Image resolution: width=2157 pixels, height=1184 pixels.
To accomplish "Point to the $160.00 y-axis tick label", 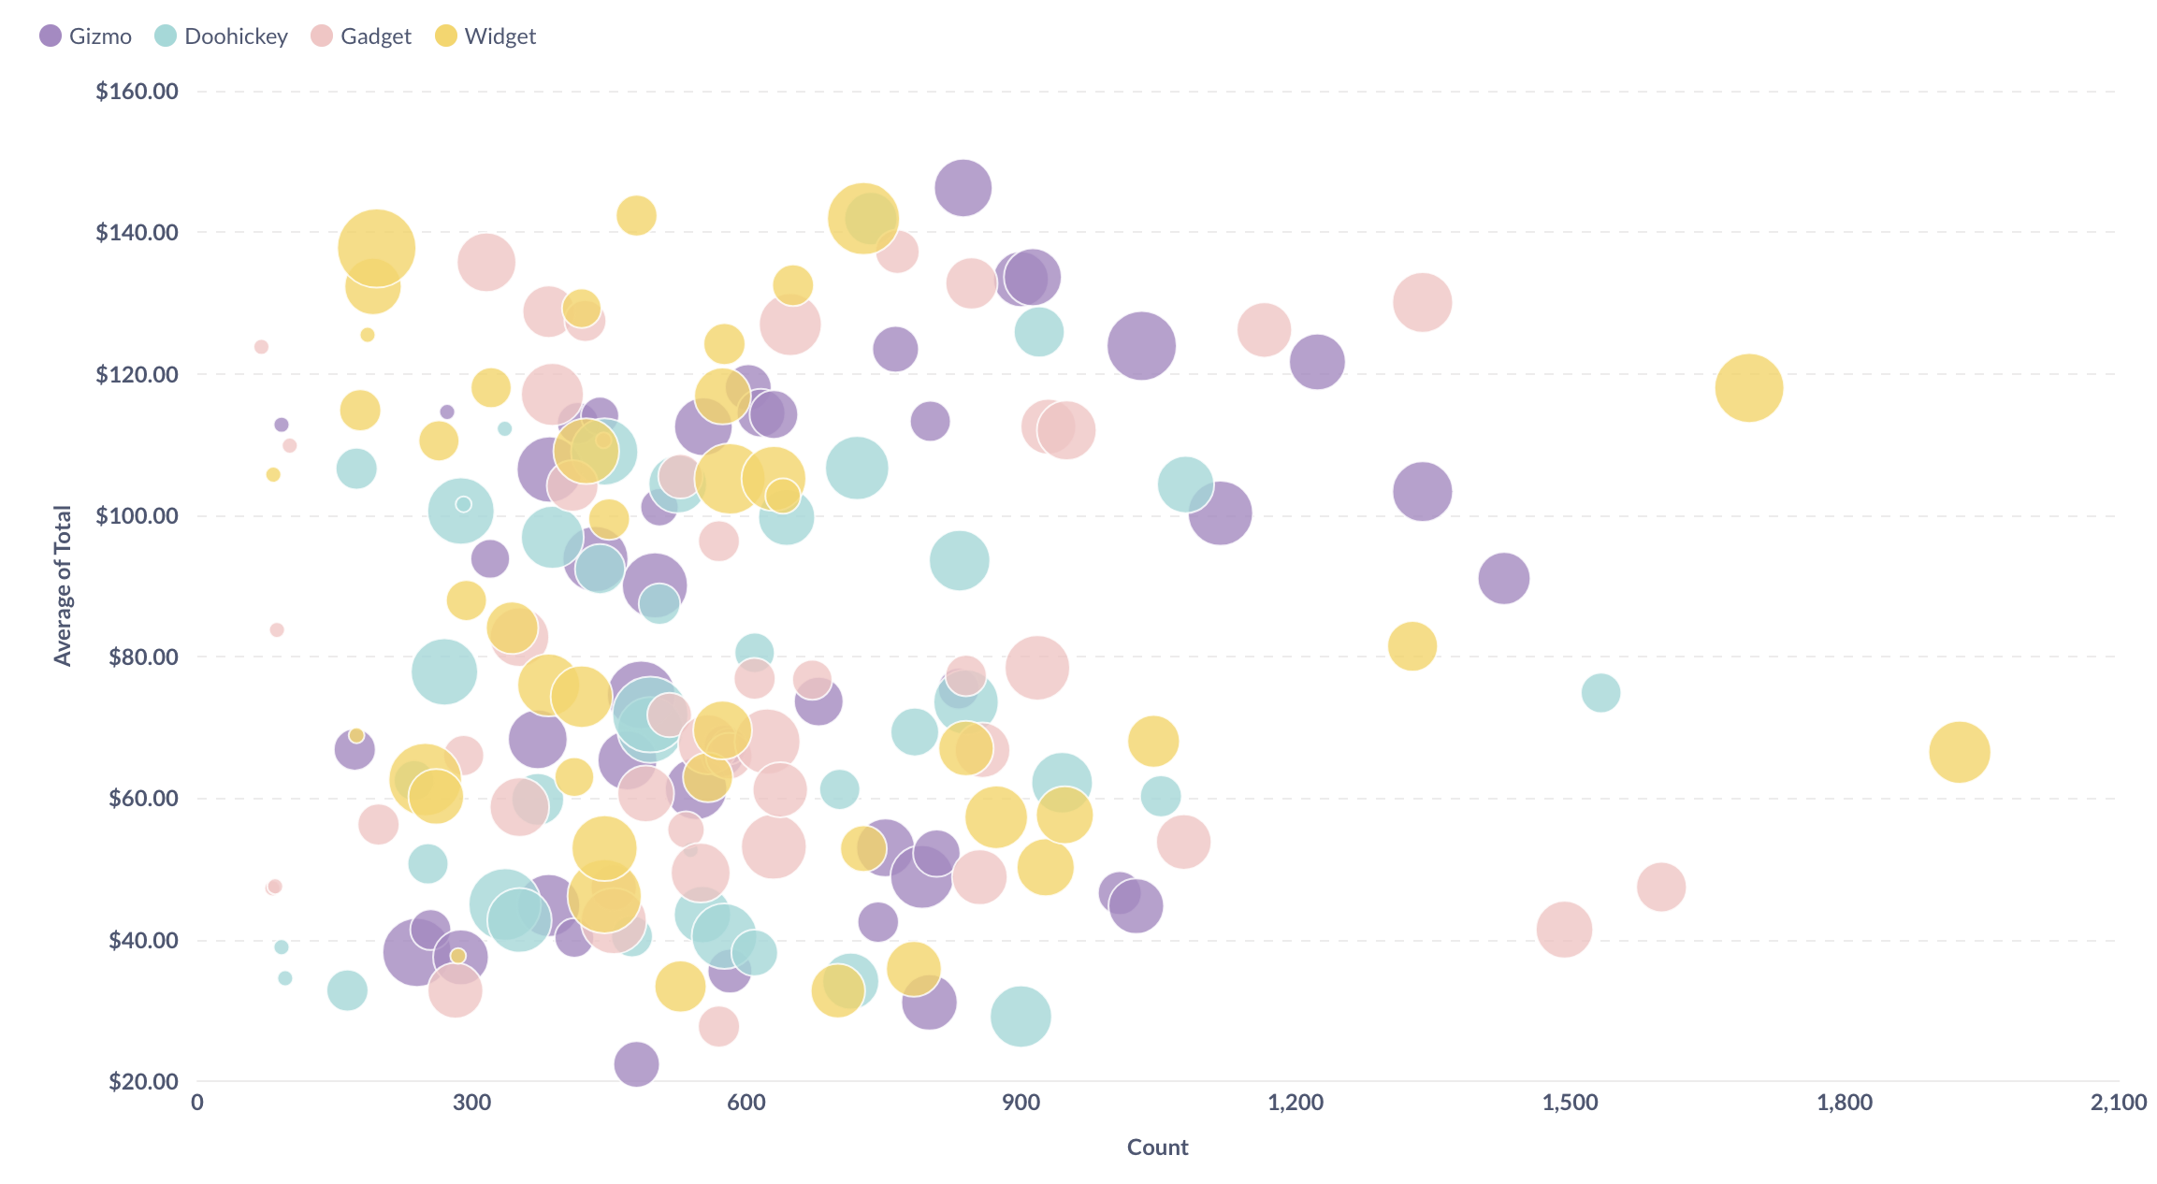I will (137, 92).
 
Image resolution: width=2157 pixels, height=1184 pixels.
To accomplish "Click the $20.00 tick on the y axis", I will (143, 1081).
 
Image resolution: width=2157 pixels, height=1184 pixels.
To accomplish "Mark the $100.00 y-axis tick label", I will (137, 515).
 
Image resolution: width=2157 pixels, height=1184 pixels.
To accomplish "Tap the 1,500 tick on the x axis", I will (1570, 1103).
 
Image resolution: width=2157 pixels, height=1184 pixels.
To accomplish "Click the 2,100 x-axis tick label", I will (2118, 1103).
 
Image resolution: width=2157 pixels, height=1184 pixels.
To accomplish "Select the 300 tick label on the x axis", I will (471, 1103).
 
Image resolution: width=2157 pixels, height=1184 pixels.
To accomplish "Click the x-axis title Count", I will (1157, 1148).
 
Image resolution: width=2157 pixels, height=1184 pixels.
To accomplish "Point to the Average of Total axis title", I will (63, 585).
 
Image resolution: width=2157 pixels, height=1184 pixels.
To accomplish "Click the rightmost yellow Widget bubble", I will (1959, 751).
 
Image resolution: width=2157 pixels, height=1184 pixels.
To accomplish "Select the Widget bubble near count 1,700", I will (1748, 387).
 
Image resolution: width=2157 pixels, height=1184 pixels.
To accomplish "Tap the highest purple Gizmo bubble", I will (963, 187).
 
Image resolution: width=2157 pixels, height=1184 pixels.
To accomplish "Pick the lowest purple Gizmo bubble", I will (636, 1063).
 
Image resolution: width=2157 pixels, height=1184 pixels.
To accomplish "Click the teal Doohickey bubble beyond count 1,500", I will (1600, 692).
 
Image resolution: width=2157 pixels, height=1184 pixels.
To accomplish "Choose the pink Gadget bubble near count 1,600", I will (1660, 887).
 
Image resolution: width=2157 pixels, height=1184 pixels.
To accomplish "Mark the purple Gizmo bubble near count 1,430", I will (1503, 578).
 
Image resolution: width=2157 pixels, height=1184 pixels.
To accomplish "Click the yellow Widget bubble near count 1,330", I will (1411, 645).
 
